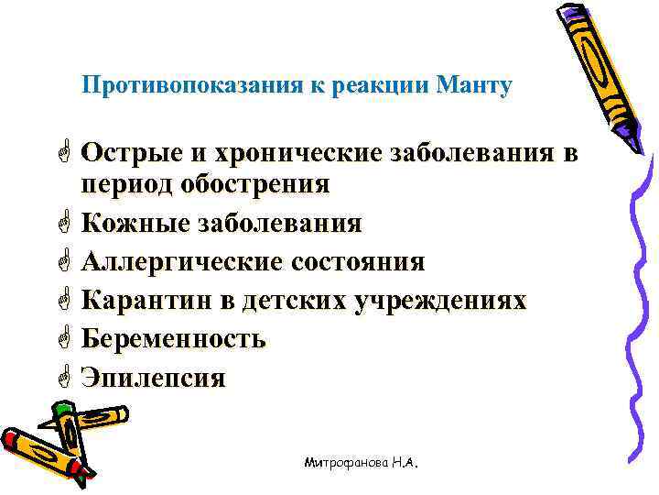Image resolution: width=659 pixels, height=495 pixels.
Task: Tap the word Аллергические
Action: coord(181,262)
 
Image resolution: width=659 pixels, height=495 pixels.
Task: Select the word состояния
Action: coord(358,262)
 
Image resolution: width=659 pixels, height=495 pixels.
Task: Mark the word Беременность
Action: coord(173,339)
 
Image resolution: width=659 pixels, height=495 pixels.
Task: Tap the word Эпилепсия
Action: coord(153,378)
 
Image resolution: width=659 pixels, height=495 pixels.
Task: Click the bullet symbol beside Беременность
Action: coord(63,338)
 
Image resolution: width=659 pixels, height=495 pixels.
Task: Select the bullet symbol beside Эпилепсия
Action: coord(63,377)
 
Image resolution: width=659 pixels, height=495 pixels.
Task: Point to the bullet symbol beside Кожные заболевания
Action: coord(63,223)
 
